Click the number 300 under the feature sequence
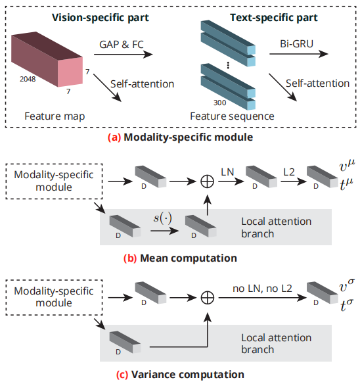220,103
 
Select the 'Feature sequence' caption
232,116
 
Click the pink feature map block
49,62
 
